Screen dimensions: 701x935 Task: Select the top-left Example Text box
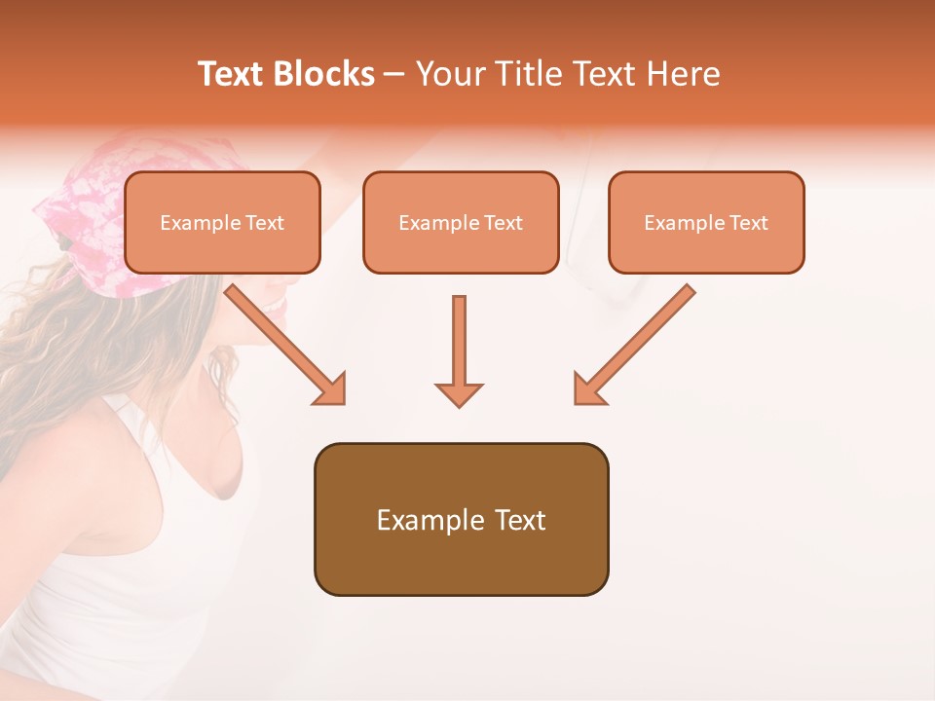[x=222, y=222]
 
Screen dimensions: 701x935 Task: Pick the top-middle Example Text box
[x=461, y=222]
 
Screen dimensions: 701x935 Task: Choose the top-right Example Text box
[x=706, y=222]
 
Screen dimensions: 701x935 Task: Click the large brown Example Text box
[x=461, y=519]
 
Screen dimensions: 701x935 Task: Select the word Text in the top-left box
[x=264, y=223]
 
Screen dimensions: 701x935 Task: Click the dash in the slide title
[x=394, y=75]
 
